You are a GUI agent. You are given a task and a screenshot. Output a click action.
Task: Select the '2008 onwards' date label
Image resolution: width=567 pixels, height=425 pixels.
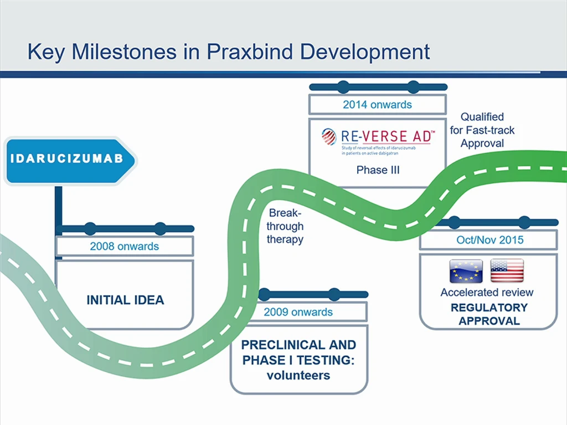[x=125, y=246]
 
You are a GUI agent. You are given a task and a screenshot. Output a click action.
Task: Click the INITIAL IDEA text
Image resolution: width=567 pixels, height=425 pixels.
[x=125, y=300]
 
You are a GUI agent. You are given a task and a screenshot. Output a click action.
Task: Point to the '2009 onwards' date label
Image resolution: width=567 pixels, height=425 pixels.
[x=298, y=312]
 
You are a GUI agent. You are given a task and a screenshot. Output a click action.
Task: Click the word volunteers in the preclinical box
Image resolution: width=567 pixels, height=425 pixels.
[x=298, y=376]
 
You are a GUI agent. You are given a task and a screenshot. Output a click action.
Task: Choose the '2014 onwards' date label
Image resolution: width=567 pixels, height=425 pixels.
[x=377, y=105]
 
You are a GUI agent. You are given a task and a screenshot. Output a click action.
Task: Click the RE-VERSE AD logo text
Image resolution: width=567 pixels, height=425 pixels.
[x=388, y=136]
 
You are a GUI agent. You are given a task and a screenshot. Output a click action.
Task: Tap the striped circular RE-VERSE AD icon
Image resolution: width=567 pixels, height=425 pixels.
[x=329, y=137]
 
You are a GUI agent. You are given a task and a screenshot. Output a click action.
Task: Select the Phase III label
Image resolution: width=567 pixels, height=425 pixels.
[x=378, y=170]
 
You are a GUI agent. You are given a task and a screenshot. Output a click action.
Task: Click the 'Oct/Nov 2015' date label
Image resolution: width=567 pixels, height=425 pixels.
[x=490, y=240]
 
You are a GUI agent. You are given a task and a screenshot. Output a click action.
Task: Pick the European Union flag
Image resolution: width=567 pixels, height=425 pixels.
[x=466, y=271]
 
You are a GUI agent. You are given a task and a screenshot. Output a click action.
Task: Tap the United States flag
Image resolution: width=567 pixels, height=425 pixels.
[x=507, y=271]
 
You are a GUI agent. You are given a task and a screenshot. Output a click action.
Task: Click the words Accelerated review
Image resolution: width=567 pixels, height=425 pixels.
[x=487, y=292]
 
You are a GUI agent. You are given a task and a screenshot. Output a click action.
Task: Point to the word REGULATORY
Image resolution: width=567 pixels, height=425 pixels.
[x=489, y=308]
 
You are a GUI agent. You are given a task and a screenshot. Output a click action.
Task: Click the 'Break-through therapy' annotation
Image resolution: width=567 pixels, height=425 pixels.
[x=285, y=226]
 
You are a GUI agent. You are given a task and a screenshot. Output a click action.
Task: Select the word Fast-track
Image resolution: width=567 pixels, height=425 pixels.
[x=490, y=130]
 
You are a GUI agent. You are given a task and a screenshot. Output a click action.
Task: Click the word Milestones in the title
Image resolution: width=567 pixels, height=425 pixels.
[x=124, y=51]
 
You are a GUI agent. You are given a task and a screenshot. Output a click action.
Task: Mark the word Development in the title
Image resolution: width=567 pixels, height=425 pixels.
[x=365, y=51]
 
